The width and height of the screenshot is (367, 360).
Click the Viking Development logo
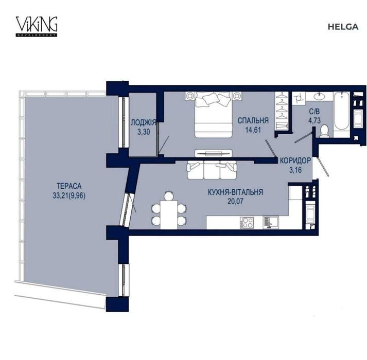tap(37, 26)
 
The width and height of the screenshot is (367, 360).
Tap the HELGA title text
tap(343, 27)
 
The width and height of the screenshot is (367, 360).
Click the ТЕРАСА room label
tap(69, 186)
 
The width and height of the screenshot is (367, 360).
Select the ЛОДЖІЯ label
tap(143, 122)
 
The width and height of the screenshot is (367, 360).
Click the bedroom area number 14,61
tap(253, 130)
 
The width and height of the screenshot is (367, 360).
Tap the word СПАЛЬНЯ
tap(253, 120)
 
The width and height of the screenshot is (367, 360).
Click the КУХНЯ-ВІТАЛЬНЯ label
tap(235, 192)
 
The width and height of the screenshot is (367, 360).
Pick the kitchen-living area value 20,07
tap(235, 202)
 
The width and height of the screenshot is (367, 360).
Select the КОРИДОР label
tap(295, 160)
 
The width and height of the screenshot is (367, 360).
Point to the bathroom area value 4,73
tap(314, 121)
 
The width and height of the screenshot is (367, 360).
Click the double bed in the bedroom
tap(214, 115)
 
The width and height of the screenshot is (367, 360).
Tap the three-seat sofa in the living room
tap(212, 170)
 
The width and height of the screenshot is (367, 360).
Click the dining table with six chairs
tap(169, 210)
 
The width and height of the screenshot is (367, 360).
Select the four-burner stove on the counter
tap(247, 223)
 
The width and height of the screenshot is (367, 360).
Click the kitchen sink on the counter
tap(271, 222)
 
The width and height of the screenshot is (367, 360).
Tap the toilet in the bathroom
tap(324, 132)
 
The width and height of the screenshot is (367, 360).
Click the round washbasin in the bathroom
tap(319, 96)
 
